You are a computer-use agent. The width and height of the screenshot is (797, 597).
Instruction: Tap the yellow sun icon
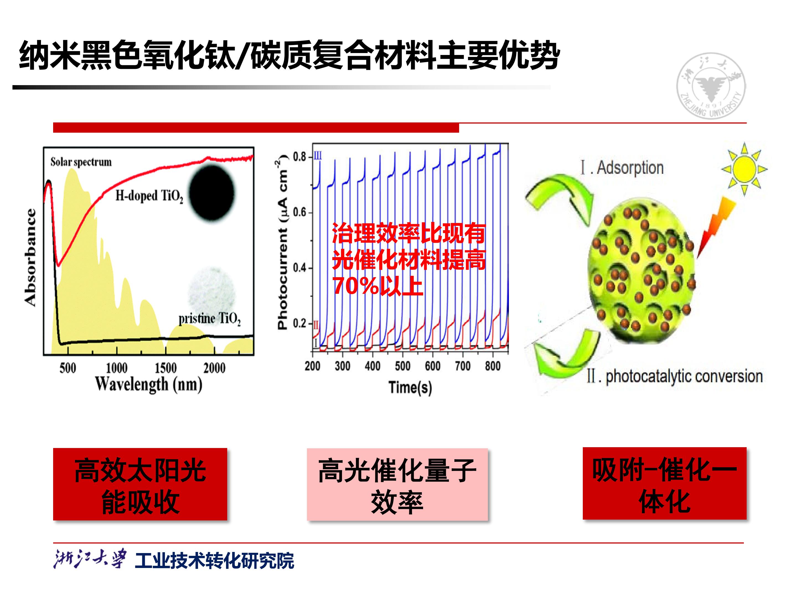point(744,169)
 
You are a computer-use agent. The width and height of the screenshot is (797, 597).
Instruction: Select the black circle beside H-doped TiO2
point(212,193)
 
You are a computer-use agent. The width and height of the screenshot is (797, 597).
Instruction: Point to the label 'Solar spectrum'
point(81,162)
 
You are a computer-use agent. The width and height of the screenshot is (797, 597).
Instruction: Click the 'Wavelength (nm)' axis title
point(148,385)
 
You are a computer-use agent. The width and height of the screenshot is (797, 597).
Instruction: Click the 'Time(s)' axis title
point(410,388)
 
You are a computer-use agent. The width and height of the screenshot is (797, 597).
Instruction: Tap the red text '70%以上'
point(377,286)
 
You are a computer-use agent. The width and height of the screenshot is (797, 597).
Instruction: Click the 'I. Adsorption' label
point(622,168)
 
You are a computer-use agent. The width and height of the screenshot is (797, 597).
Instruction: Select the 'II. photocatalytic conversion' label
point(674,376)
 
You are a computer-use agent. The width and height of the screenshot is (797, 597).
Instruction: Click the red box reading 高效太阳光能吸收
point(140,484)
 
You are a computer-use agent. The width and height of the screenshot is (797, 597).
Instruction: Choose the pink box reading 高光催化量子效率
point(397,484)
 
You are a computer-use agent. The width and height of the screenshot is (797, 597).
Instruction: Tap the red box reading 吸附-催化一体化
point(664,483)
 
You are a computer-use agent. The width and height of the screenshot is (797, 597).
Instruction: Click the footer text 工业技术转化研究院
point(214,561)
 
